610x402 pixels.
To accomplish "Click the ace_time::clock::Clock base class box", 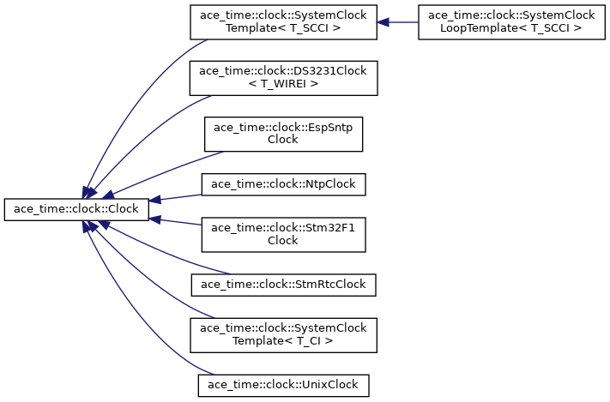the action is point(76,209).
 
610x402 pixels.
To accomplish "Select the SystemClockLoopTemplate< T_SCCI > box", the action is point(511,22).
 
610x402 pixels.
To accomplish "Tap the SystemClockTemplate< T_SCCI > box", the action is point(284,22).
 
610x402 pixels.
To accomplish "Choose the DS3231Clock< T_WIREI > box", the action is point(284,78).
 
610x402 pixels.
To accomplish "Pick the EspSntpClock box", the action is point(284,134).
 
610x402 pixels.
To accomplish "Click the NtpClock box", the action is point(284,184).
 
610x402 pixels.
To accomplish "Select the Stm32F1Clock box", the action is point(284,235).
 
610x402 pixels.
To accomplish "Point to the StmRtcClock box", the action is point(284,285).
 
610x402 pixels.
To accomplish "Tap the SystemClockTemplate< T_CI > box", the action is point(284,335).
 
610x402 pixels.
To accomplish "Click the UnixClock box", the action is point(284,385).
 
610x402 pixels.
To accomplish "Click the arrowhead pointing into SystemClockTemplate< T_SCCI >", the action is point(383,22).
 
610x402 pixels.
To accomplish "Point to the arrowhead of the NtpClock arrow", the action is point(154,200).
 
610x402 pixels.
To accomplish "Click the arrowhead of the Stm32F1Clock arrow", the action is point(154,219).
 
